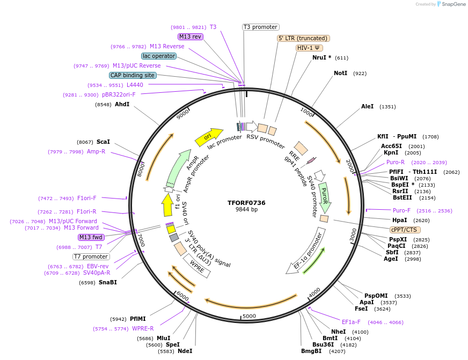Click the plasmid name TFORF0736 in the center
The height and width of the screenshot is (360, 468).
[x=246, y=203]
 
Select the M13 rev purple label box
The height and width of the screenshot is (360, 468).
[x=191, y=36]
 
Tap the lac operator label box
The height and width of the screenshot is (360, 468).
[x=159, y=56]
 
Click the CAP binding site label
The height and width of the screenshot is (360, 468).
[x=133, y=76]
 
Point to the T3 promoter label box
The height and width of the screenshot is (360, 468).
[x=260, y=27]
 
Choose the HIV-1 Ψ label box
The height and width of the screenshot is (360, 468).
[x=309, y=48]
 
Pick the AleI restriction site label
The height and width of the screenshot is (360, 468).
[x=368, y=107]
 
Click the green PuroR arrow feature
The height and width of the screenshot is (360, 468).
[x=324, y=197]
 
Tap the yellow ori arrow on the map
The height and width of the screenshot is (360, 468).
[x=209, y=137]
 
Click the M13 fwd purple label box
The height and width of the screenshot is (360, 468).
[x=91, y=237]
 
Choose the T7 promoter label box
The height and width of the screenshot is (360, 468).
[x=91, y=256]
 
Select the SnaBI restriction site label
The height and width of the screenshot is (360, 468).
[x=107, y=282]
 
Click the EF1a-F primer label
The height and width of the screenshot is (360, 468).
[x=351, y=322]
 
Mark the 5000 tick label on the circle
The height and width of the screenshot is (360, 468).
[x=249, y=316]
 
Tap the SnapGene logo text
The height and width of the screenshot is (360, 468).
[x=454, y=4]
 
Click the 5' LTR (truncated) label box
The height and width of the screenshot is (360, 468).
[x=303, y=38]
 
